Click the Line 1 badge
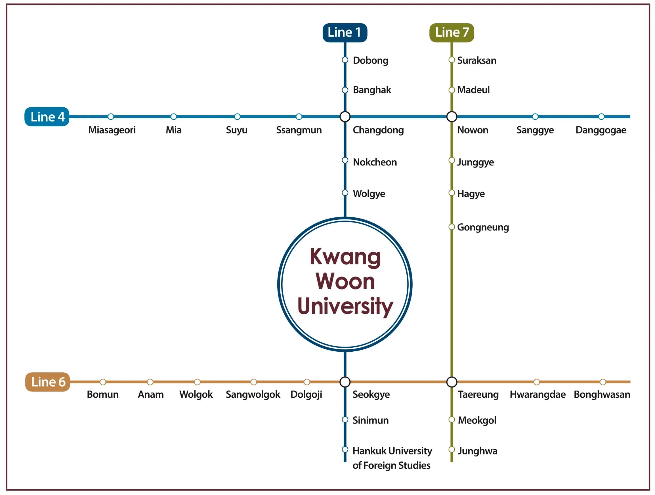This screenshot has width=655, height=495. pyautogui.click(x=345, y=33)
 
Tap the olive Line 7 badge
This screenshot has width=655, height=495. pyautogui.click(x=452, y=33)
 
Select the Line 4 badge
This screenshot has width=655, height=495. pyautogui.click(x=47, y=117)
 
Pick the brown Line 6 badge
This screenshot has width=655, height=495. pyautogui.click(x=48, y=382)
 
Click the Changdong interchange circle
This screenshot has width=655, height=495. pyautogui.click(x=345, y=117)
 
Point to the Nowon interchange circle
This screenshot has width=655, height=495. pyautogui.click(x=452, y=117)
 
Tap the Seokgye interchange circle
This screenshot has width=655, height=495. pyautogui.click(x=345, y=382)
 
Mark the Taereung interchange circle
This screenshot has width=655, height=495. pyautogui.click(x=452, y=382)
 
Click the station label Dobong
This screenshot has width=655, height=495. pyautogui.click(x=370, y=60)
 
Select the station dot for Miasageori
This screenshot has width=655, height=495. pyautogui.click(x=111, y=117)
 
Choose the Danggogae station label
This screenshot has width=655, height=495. pyautogui.click(x=601, y=130)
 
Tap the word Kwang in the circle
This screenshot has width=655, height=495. pyautogui.click(x=345, y=257)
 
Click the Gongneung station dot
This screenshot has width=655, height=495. pyautogui.click(x=452, y=227)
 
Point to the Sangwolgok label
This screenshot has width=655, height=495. pyautogui.click(x=253, y=394)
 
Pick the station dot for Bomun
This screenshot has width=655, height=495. pyautogui.click(x=103, y=382)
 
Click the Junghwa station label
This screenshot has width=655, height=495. pyautogui.click(x=477, y=451)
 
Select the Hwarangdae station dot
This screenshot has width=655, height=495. pyautogui.click(x=537, y=382)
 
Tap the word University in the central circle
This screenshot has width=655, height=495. pyautogui.click(x=345, y=306)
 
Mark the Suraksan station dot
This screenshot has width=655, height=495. pyautogui.click(x=452, y=60)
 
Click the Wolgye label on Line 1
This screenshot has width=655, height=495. pyautogui.click(x=369, y=194)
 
